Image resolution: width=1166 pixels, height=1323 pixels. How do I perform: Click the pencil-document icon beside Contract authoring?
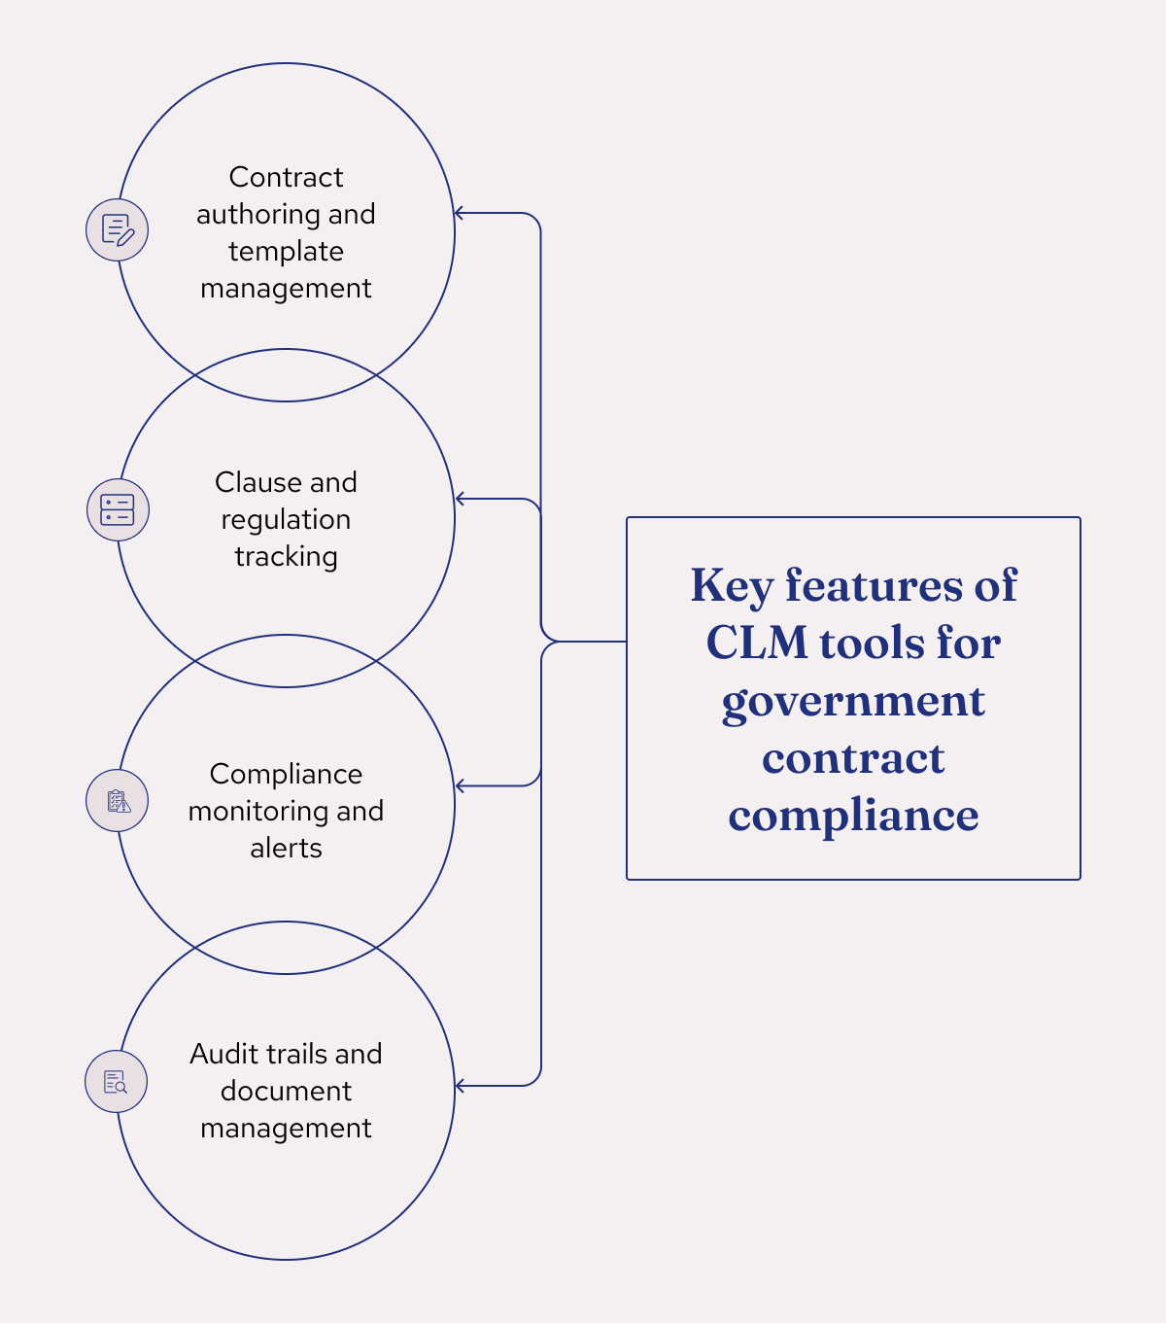tap(118, 230)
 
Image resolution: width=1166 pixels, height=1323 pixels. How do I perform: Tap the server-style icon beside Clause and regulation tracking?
tap(118, 509)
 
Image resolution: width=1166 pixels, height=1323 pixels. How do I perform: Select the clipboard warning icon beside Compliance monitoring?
tap(118, 801)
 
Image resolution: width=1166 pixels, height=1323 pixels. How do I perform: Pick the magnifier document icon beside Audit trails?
tap(116, 1082)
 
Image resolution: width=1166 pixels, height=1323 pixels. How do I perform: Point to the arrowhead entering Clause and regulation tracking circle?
tap(460, 499)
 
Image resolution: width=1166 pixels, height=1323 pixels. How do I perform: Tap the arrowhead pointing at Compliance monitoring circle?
tap(460, 785)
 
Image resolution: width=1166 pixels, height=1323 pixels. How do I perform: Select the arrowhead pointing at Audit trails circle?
tap(460, 1086)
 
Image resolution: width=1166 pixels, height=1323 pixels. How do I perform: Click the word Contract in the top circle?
tap(286, 177)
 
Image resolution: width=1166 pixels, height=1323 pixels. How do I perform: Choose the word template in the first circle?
tap(286, 252)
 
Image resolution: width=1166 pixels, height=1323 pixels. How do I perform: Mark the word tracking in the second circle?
tap(286, 557)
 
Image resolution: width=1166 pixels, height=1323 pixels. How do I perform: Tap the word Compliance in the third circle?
tap(286, 774)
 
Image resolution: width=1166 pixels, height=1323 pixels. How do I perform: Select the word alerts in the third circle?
tap(286, 848)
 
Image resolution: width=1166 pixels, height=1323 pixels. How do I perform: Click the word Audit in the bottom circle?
tap(224, 1054)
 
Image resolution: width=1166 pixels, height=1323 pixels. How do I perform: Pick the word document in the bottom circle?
tap(286, 1091)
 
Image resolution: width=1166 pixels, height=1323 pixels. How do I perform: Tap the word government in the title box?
tap(853, 702)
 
